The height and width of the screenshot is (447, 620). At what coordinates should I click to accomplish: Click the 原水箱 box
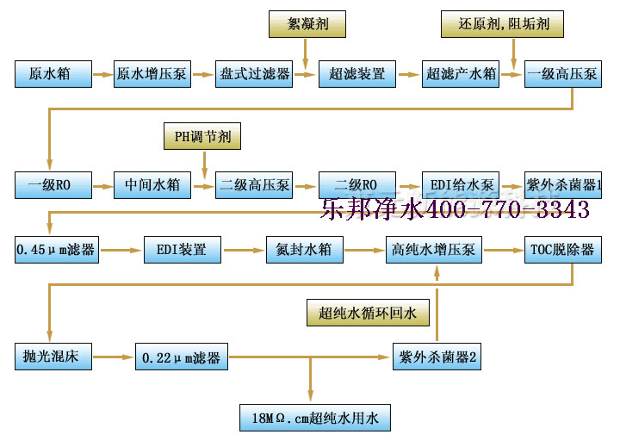pyautogui.click(x=53, y=74)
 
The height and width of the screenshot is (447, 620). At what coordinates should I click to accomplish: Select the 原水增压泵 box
pyautogui.click(x=152, y=74)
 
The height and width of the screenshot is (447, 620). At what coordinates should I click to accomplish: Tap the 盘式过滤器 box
pyautogui.click(x=255, y=74)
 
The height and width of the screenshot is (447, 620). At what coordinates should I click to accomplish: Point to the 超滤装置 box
pyautogui.click(x=357, y=74)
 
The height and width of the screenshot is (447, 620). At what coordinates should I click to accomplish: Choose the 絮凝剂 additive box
pyautogui.click(x=306, y=25)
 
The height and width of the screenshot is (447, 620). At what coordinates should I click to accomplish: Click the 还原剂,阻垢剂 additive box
pyautogui.click(x=503, y=25)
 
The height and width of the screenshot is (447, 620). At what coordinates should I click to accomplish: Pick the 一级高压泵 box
pyautogui.click(x=562, y=74)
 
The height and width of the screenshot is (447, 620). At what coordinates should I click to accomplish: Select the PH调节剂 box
pyautogui.click(x=203, y=136)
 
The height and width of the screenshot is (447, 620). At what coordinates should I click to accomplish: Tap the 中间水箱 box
pyautogui.click(x=152, y=184)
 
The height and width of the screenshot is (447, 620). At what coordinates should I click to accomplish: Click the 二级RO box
pyautogui.click(x=357, y=184)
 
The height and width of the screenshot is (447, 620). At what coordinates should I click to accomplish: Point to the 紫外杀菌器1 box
pyautogui.click(x=562, y=184)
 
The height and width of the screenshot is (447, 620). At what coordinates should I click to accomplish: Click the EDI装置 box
pyautogui.click(x=181, y=251)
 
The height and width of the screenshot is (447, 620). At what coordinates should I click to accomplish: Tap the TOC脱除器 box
pyautogui.click(x=562, y=251)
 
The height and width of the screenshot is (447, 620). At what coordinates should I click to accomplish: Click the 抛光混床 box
pyautogui.click(x=53, y=356)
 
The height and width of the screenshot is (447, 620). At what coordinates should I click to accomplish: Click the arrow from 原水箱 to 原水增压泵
pyautogui.click(x=102, y=74)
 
